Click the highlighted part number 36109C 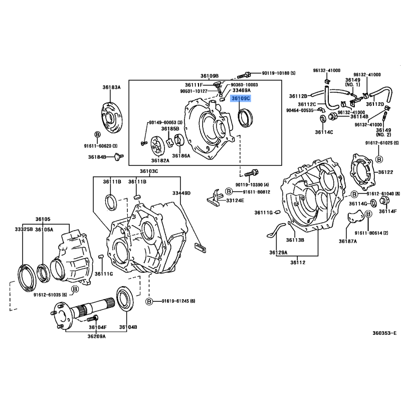[x=241, y=99]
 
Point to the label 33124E [x=235, y=200]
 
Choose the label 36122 [x=385, y=172]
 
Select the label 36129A [x=278, y=252]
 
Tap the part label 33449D [x=181, y=192]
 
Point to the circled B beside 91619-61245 [x=149, y=301]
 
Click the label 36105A [x=45, y=230]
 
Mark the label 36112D [x=375, y=104]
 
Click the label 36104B [x=128, y=327]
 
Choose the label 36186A [x=182, y=156]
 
